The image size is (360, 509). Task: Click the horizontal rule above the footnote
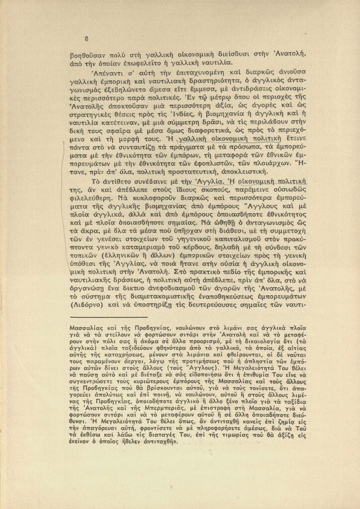pyautogui.click(x=109, y=316)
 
